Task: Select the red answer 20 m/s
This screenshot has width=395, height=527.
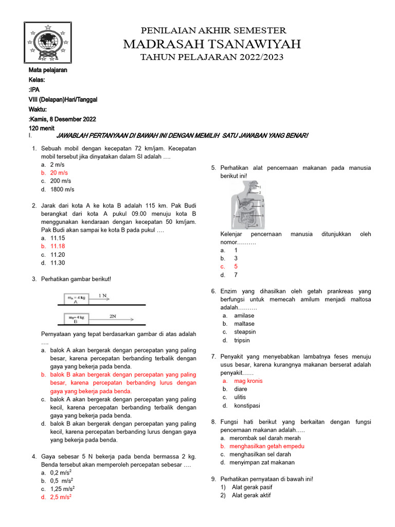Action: coord(59,173)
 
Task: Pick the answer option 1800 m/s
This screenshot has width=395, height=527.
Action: coord(61,189)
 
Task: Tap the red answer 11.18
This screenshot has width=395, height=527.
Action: coord(58,247)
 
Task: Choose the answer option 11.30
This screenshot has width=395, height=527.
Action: coord(58,263)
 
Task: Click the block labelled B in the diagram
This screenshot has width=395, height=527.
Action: coord(76,320)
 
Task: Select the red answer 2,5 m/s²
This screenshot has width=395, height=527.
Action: coord(61,497)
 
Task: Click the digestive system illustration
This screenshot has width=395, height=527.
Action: coord(247,204)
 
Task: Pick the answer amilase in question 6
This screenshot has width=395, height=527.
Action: coord(244,315)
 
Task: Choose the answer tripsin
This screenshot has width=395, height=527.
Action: coord(242,340)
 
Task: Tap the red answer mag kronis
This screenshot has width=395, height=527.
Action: coord(248,381)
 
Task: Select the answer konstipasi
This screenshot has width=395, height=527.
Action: coord(247,406)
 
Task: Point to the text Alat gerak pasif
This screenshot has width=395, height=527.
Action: coord(252,487)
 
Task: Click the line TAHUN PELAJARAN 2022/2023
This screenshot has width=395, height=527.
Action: coord(212,57)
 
